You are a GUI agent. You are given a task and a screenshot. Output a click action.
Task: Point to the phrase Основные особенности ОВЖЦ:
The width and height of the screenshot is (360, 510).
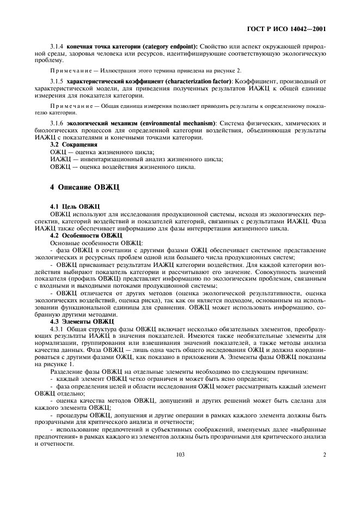pyautogui.click(x=96, y=242)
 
